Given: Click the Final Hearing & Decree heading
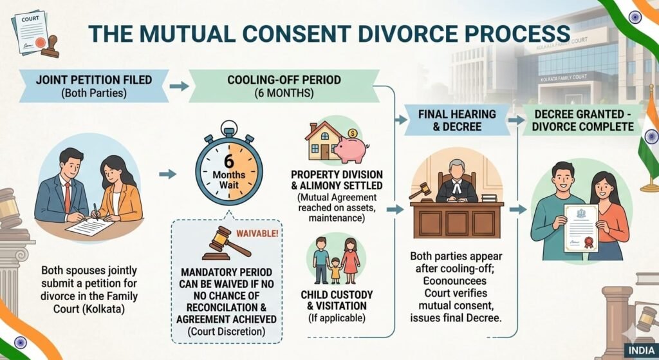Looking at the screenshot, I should [457, 120].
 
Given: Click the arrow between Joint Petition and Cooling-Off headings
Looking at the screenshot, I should [180, 85].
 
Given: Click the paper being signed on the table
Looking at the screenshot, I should [86, 226].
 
